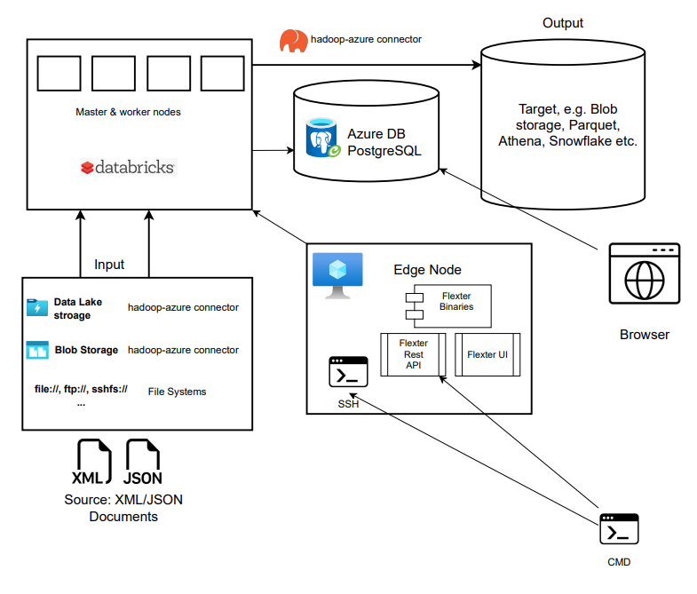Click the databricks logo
tap(128, 167)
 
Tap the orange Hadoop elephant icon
tap(294, 41)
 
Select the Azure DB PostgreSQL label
tap(384, 142)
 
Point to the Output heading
tap(562, 23)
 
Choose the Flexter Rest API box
tap(413, 354)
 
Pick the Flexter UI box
tap(487, 354)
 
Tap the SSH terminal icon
tap(348, 373)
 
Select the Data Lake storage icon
tap(37, 308)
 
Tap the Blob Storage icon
tap(37, 350)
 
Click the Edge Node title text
tap(427, 270)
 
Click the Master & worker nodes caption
tap(129, 113)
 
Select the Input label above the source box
tap(109, 265)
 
